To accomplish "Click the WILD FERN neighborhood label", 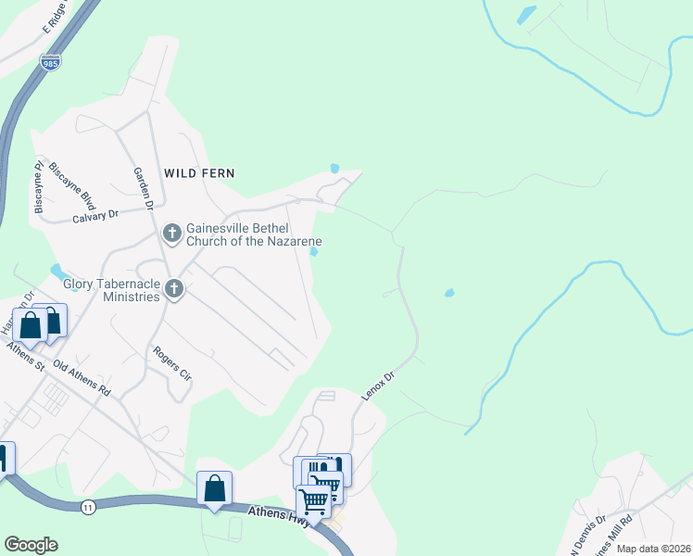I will click(199, 173).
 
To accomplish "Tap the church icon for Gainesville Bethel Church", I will click(172, 231).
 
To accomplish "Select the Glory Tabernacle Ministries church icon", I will click(172, 291).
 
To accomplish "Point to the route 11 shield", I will click(88, 506).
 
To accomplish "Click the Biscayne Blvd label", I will click(73, 184).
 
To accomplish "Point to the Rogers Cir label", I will click(172, 364).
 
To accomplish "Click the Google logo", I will click(31, 545).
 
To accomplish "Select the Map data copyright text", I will click(652, 549).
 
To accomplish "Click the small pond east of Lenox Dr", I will click(449, 294).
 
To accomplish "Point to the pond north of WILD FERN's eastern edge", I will click(334, 169).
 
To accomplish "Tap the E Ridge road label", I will click(57, 19).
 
